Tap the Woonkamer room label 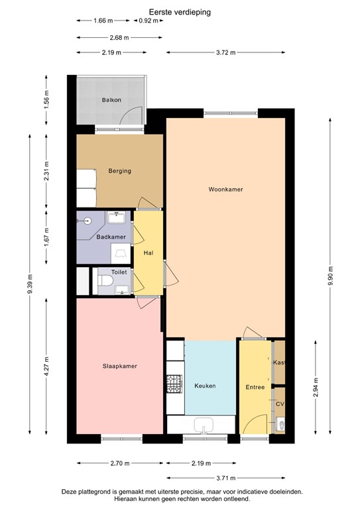pyautogui.click(x=225, y=189)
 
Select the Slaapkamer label pyautogui.click(x=119, y=366)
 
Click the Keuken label pyautogui.click(x=205, y=386)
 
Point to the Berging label pyautogui.click(x=119, y=171)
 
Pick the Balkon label pyautogui.click(x=111, y=100)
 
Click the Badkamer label pyautogui.click(x=111, y=237)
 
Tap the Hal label pyautogui.click(x=149, y=253)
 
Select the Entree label pyautogui.click(x=255, y=387)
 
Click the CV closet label pyautogui.click(x=280, y=404)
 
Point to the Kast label pyautogui.click(x=279, y=363)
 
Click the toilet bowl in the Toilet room pyautogui.click(x=105, y=284)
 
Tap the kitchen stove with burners pyautogui.click(x=174, y=383)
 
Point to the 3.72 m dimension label pyautogui.click(x=225, y=52)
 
